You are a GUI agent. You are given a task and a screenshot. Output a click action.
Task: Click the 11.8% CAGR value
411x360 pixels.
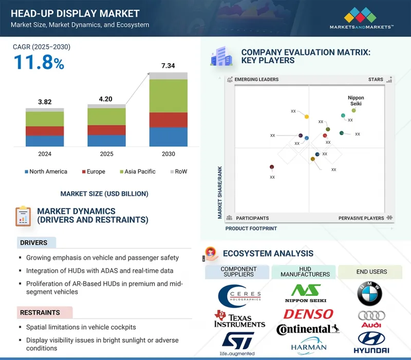[x=39, y=63]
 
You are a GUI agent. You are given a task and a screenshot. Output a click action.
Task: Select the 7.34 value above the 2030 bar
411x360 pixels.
[x=169, y=66]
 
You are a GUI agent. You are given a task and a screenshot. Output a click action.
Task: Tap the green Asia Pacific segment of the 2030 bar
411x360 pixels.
[x=169, y=96]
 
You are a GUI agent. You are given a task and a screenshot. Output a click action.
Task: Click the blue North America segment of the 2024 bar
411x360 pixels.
[x=45, y=141]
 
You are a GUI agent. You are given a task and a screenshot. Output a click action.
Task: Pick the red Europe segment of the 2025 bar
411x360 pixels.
[x=106, y=130]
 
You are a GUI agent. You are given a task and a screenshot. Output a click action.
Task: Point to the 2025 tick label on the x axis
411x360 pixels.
[x=106, y=154]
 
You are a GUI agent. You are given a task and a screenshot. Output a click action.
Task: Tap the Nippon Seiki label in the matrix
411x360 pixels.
[x=356, y=101]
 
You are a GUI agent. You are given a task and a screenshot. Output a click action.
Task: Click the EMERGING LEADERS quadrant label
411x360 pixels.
[x=256, y=80]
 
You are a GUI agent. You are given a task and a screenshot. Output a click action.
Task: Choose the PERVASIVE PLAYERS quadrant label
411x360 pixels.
[x=361, y=218]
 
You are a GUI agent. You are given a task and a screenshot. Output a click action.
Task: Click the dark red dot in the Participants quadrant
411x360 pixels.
[x=272, y=167]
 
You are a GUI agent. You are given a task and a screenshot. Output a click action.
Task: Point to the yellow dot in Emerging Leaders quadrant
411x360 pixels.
[x=307, y=117]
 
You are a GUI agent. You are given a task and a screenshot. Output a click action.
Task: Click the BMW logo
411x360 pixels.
[x=370, y=293]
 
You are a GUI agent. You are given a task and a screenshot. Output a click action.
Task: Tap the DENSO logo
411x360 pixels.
[x=308, y=314]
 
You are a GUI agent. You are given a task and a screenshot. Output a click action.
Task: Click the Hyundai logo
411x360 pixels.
[x=371, y=343]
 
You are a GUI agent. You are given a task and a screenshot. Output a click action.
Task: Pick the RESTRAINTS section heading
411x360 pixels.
[x=40, y=312]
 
